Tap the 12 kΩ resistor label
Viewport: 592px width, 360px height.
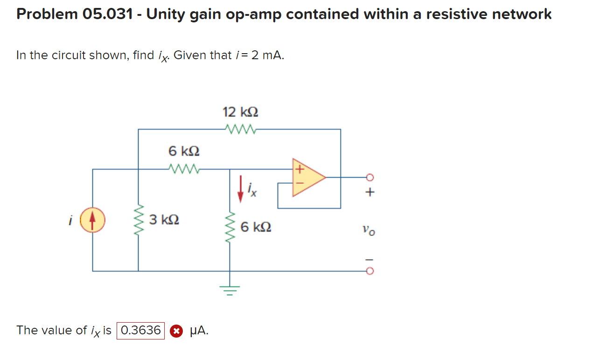240,112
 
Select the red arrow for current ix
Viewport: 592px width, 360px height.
240,189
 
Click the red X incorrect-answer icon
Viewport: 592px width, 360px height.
175,331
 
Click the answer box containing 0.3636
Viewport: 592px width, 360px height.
140,331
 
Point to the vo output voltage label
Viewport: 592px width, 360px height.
368,230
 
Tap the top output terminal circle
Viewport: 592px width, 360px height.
370,177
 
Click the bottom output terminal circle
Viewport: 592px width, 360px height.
370,271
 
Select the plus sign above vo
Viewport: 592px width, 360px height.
370,192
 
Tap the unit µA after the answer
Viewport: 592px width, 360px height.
199,331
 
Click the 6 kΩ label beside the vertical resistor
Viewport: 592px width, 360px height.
256,228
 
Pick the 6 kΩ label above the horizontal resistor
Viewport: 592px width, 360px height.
184,152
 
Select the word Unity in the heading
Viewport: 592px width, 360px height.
167,14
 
